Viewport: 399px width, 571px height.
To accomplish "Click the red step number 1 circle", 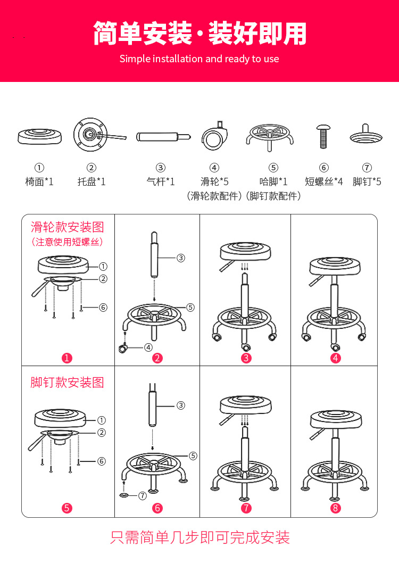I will coord(67,358).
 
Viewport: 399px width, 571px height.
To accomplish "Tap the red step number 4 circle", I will coord(335,358).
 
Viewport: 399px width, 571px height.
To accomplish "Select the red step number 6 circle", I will coord(157,508).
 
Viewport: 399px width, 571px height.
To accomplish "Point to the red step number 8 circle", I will coord(335,508).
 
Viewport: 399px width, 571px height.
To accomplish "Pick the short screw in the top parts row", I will coord(323,135).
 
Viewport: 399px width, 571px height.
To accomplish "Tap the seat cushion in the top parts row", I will coord(40,135).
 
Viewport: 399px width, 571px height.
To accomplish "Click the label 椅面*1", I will coord(39,181).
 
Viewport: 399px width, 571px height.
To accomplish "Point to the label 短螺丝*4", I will coord(324,181).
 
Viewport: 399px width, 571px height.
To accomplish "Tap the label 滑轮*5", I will coord(214,181).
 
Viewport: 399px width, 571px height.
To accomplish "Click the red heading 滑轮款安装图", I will coord(67,227).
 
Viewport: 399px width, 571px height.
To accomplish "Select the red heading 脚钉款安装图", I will coord(67,382).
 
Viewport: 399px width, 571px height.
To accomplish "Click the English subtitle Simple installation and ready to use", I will coord(199,59).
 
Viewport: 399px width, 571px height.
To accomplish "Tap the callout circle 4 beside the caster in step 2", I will coord(147,347).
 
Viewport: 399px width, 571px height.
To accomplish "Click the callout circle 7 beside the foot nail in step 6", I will coord(142,495).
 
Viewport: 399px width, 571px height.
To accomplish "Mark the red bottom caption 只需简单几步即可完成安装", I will coord(199,537).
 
